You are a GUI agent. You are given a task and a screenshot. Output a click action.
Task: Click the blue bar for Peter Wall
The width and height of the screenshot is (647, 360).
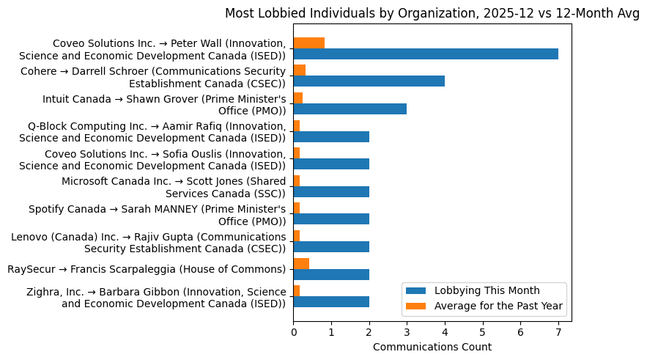click(426, 54)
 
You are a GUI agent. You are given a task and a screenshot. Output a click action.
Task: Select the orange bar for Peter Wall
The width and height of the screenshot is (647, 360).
click(308, 43)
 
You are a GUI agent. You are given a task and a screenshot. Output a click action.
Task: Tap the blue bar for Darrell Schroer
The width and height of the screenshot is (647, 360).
click(369, 81)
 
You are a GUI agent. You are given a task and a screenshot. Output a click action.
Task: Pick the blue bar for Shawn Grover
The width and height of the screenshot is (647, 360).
click(350, 109)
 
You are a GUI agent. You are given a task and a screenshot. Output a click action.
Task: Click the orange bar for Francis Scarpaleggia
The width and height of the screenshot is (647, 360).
click(301, 263)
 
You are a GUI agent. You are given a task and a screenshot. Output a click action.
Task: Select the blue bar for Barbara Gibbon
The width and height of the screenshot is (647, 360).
click(331, 301)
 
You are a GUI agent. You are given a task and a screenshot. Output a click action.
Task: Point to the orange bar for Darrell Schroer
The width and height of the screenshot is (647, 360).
click(299, 70)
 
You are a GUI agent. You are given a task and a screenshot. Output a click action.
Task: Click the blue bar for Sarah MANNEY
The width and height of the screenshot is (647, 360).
click(331, 219)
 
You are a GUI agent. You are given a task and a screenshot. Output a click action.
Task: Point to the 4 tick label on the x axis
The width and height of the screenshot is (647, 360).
click(445, 332)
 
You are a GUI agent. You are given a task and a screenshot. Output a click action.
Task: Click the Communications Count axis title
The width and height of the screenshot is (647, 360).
click(432, 347)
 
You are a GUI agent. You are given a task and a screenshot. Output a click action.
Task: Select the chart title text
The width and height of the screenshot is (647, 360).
click(432, 13)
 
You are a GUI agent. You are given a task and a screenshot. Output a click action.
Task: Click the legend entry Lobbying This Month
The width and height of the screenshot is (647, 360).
click(498, 290)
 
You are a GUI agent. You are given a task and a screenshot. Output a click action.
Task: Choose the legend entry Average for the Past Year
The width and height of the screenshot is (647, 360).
click(499, 306)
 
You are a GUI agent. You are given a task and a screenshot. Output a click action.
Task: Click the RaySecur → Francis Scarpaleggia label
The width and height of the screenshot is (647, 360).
click(146, 269)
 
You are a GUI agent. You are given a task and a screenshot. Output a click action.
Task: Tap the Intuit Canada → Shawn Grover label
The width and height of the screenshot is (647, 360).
click(163, 104)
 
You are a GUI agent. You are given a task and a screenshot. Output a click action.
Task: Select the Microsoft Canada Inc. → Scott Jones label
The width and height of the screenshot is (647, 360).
click(173, 187)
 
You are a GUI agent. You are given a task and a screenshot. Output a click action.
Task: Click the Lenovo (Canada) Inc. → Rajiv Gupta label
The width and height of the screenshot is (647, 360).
click(148, 242)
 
